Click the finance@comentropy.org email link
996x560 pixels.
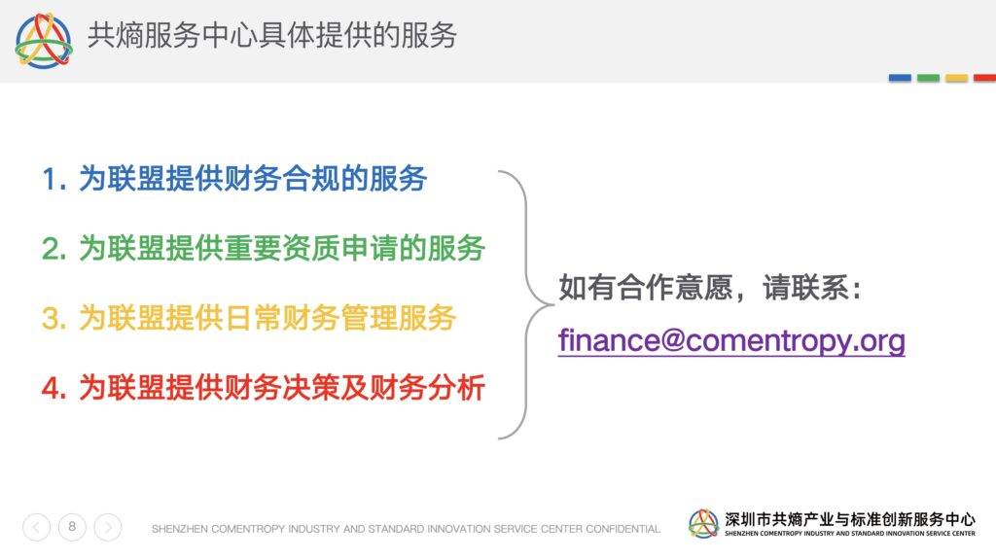click(731, 340)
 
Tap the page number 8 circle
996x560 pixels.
click(72, 527)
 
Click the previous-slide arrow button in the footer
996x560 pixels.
click(36, 527)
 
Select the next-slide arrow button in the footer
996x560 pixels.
click(108, 527)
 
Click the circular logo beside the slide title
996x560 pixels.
click(43, 40)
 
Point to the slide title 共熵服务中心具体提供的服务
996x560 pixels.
click(272, 35)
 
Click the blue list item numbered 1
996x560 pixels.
click(233, 179)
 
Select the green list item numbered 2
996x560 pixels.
click(263, 248)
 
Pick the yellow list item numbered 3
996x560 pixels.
click(248, 318)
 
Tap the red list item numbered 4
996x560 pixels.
click(263, 388)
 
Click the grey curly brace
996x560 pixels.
click(526, 304)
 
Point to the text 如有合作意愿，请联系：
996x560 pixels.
click(710, 288)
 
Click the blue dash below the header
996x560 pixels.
click(900, 78)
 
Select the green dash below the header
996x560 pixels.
click(928, 78)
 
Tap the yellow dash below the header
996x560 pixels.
click(957, 78)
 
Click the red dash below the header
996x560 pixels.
click(984, 78)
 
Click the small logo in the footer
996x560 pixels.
click(703, 524)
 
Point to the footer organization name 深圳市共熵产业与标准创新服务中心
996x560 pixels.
click(850, 519)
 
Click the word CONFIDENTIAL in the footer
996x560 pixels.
click(623, 529)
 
